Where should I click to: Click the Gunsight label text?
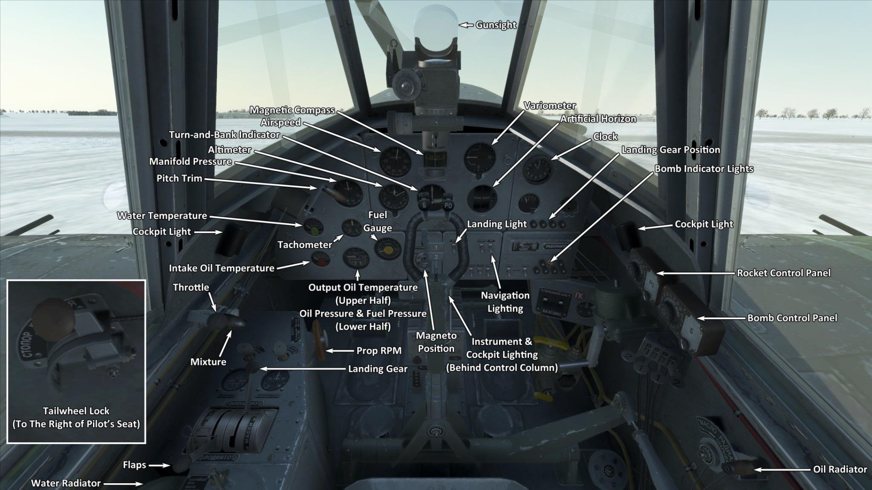click(x=496, y=25)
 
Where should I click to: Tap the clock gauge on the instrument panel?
click(x=537, y=169)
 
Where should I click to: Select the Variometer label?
click(x=549, y=106)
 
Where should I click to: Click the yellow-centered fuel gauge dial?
click(x=388, y=249)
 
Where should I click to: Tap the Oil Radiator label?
click(x=840, y=470)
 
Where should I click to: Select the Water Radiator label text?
click(x=66, y=484)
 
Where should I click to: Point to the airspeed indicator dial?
click(x=395, y=162)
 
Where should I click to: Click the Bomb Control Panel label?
click(x=792, y=318)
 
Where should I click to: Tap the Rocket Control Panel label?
click(x=783, y=273)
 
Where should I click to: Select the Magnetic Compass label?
click(x=292, y=110)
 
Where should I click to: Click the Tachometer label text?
click(x=304, y=245)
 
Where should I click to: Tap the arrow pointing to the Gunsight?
click(x=466, y=25)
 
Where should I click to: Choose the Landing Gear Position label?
click(x=670, y=150)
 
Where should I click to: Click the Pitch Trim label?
click(x=179, y=178)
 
